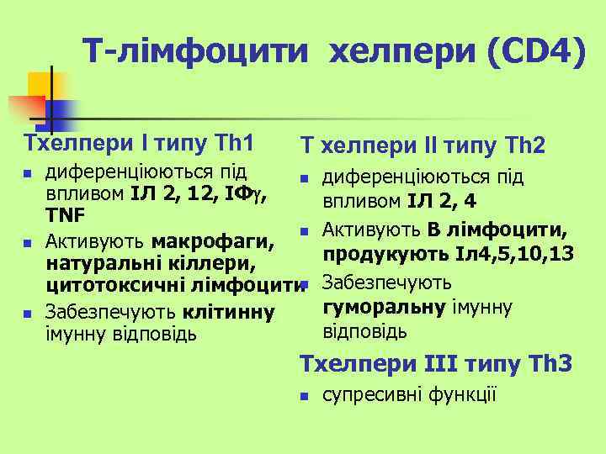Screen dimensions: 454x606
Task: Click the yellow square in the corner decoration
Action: (44, 85)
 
